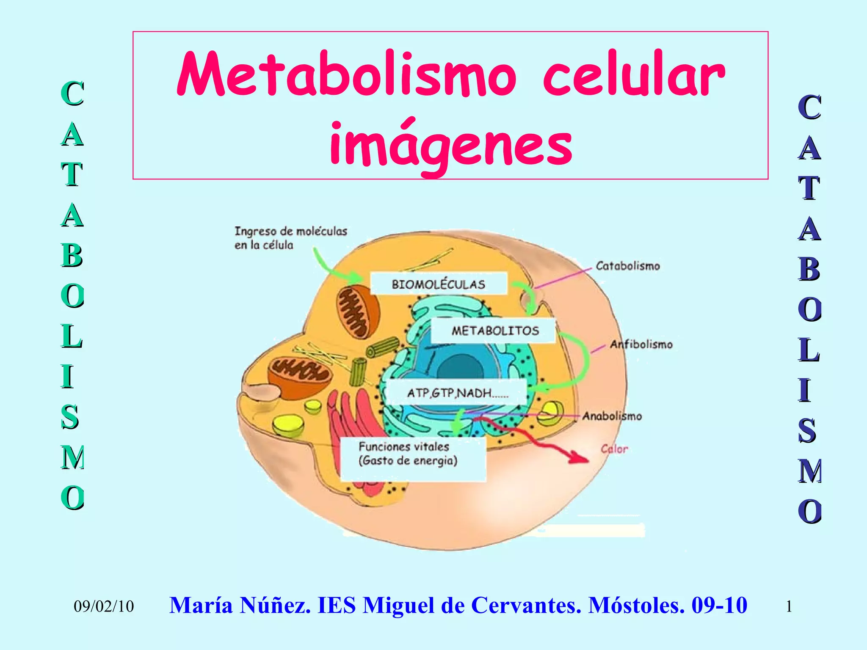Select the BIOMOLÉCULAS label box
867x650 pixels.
pos(439,284)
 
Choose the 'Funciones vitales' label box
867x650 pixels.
pos(413,458)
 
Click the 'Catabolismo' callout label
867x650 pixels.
pos(628,266)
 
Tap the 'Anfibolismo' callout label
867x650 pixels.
pos(641,344)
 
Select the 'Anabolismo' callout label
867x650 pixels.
pos(612,416)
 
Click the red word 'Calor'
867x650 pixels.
pos(614,449)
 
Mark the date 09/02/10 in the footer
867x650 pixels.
pos(104,606)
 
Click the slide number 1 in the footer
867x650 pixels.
pos(789,606)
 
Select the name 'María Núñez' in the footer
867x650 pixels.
pos(239,605)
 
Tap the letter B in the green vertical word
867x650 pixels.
pos(72,256)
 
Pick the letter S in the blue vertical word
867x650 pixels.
pos(808,431)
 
